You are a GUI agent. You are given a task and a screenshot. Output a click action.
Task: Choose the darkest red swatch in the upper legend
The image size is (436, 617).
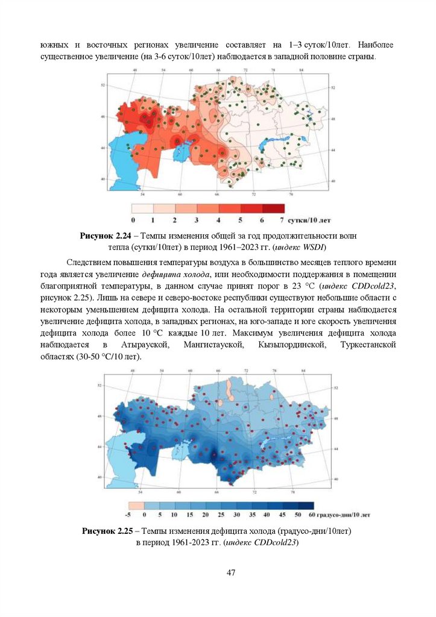pyautogui.click(x=273, y=208)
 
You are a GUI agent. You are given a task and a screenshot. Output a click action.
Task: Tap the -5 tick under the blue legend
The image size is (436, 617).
pyautogui.click(x=128, y=515)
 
